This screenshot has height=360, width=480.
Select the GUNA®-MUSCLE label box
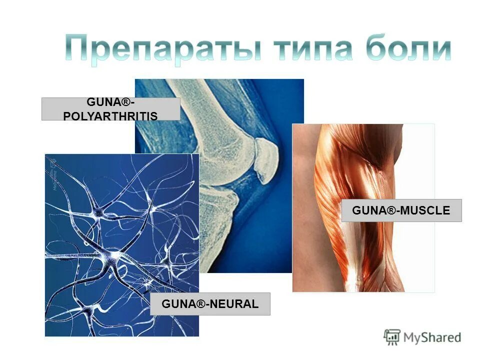tap(401, 210)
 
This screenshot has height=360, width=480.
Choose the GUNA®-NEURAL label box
tap(210, 303)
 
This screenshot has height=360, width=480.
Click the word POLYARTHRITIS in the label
tap(110, 116)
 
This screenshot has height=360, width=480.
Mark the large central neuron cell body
tap(116, 256)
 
